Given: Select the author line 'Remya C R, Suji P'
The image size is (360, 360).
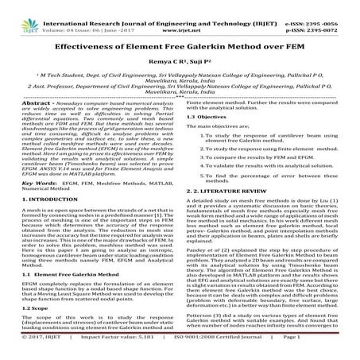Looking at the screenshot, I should coord(180,61).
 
